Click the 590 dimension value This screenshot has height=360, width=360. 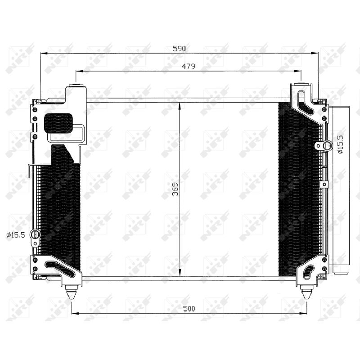click(x=179, y=49)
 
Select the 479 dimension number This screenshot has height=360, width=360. click(x=189, y=66)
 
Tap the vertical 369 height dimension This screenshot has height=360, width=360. click(x=175, y=189)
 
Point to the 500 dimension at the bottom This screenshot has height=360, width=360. click(x=189, y=309)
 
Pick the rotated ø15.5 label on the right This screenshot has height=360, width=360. click(x=340, y=144)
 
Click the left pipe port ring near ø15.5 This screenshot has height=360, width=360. click(x=36, y=234)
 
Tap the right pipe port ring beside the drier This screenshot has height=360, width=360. click(x=327, y=146)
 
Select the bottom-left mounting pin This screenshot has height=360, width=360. click(x=72, y=292)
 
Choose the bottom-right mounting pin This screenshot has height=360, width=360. click(x=307, y=292)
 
